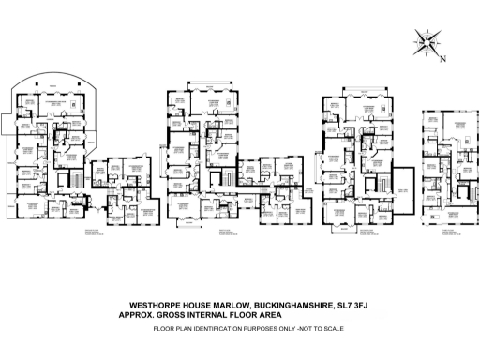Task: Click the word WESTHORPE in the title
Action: coord(152,305)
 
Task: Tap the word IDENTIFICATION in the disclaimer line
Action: coord(213,329)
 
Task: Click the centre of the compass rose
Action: coord(427,43)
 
